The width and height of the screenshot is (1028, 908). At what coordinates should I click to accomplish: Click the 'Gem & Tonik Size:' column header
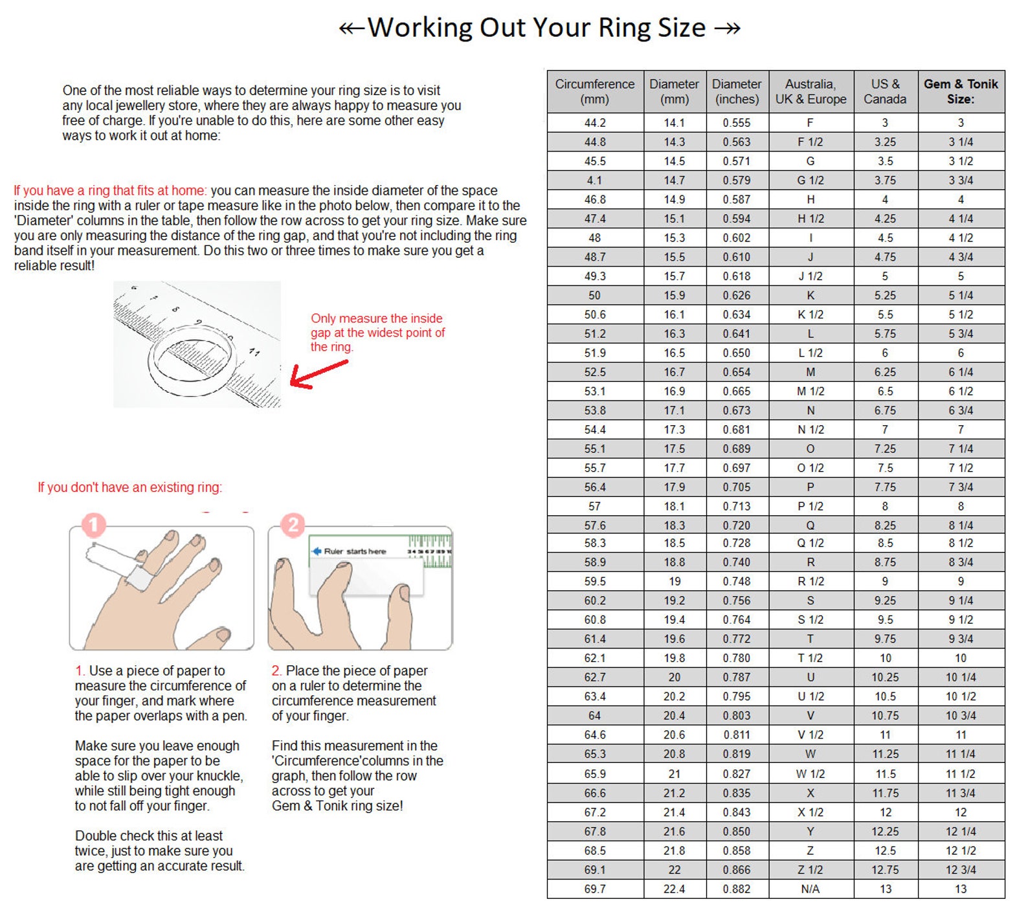tap(961, 91)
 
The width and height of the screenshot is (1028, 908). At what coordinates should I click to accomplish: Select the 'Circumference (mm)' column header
tap(595, 91)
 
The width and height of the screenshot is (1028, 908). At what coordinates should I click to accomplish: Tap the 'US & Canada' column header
tap(885, 91)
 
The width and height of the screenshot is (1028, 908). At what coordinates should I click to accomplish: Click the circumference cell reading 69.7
tap(595, 889)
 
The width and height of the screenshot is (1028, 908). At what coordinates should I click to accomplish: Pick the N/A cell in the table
tap(810, 889)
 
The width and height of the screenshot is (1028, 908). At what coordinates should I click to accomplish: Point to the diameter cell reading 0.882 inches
tap(737, 889)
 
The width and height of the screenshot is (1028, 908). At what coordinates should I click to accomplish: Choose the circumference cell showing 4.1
tap(595, 180)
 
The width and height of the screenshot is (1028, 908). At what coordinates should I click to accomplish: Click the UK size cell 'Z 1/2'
tap(810, 869)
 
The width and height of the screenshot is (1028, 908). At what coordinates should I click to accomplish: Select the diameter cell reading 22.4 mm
tap(675, 889)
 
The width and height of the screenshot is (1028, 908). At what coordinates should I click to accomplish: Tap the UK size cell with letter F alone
tap(810, 122)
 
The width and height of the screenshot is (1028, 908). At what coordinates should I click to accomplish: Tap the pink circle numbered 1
tap(93, 525)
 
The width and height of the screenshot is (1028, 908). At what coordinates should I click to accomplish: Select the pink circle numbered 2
tap(293, 525)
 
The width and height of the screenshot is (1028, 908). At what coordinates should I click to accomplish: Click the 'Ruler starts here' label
tap(355, 551)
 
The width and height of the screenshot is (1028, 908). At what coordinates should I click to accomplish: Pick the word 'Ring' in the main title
tap(624, 28)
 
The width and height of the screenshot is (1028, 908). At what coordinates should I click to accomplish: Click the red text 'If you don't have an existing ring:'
tap(129, 487)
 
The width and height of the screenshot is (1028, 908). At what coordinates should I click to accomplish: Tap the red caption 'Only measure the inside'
tap(377, 318)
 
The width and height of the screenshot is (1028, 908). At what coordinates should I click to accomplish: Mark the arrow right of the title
tap(728, 28)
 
